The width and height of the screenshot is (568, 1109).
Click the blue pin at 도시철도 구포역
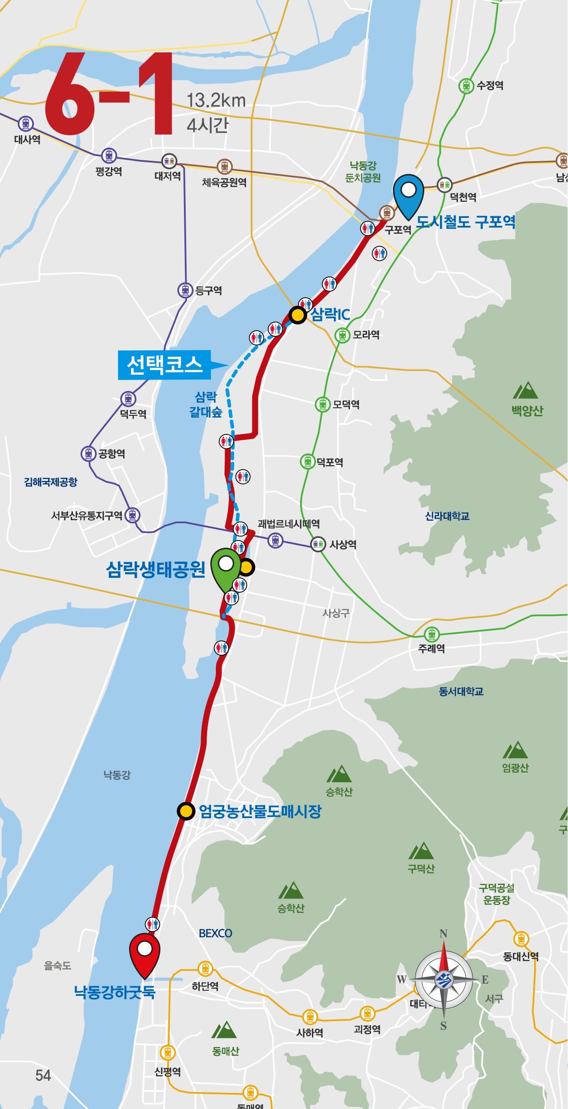[x=409, y=194]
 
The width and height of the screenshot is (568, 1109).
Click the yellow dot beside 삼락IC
[x=298, y=315]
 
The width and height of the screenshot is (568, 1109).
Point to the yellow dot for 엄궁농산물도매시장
[x=186, y=811]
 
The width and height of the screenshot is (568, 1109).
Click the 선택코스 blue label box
[x=165, y=364]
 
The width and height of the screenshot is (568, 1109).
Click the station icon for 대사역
[x=26, y=124]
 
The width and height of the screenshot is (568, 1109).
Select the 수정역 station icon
[x=467, y=85]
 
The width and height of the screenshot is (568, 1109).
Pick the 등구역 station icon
[x=185, y=290]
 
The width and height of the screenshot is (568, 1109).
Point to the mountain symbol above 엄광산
[x=515, y=750]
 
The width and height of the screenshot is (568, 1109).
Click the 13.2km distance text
[x=216, y=101]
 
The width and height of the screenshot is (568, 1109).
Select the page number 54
[x=43, y=1075]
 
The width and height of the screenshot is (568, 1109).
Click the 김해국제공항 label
[x=51, y=482]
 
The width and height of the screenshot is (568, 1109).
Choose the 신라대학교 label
[x=447, y=516]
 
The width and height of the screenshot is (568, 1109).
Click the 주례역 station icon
[x=432, y=634]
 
